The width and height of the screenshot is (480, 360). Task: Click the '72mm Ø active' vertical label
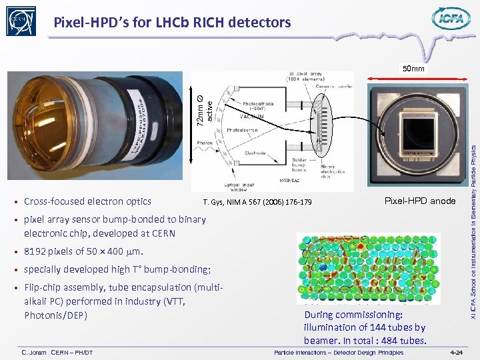[205, 106]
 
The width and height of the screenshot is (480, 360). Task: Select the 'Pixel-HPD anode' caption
[420, 201]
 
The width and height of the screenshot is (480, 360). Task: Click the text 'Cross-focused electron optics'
[87, 201]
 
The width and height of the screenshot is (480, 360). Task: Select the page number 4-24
[457, 352]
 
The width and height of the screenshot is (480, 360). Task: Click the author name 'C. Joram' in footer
[34, 352]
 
